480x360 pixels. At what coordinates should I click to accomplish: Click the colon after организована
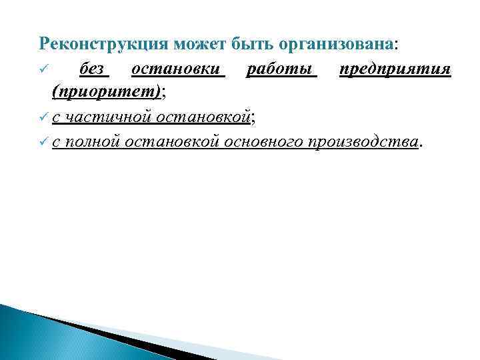(x=397, y=45)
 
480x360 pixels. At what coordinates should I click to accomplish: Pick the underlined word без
(x=93, y=69)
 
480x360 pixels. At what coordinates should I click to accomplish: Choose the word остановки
(x=177, y=69)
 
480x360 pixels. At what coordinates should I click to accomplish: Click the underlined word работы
(x=281, y=69)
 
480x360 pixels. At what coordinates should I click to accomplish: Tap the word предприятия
(x=395, y=69)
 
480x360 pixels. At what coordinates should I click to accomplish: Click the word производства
(x=363, y=142)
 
